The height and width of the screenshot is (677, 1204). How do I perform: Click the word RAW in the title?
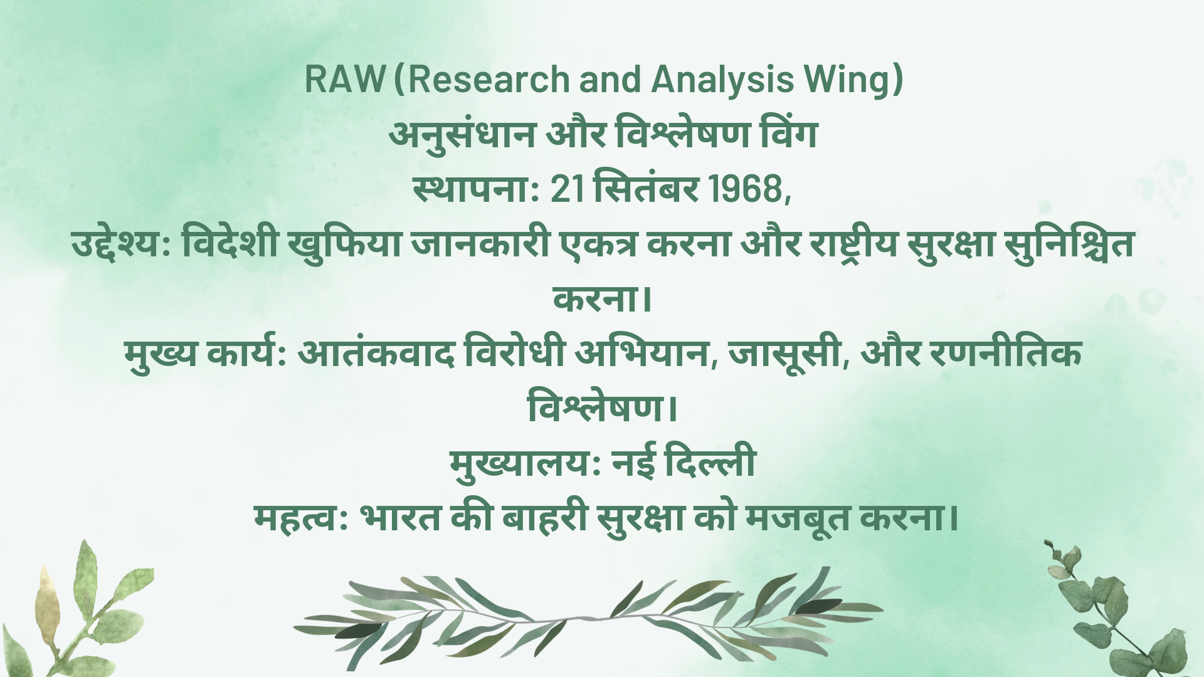344,80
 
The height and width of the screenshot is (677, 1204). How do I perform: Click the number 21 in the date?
568,189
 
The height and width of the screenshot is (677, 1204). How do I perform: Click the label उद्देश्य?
122,244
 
